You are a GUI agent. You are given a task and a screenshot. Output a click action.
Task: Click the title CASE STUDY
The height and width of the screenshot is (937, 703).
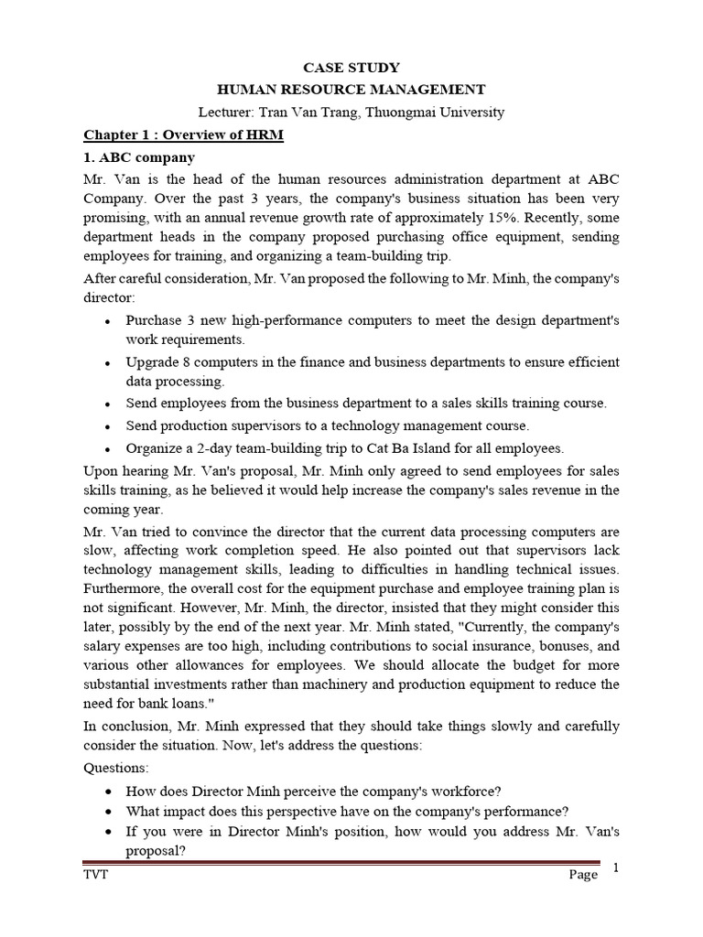pyautogui.click(x=351, y=67)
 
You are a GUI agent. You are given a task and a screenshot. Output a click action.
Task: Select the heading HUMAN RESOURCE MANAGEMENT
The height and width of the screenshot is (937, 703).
pyautogui.click(x=351, y=90)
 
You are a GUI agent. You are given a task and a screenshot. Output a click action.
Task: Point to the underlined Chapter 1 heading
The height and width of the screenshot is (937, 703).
pyautogui.click(x=184, y=135)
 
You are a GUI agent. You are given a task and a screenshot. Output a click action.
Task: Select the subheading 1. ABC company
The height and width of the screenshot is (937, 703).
pyautogui.click(x=139, y=157)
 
